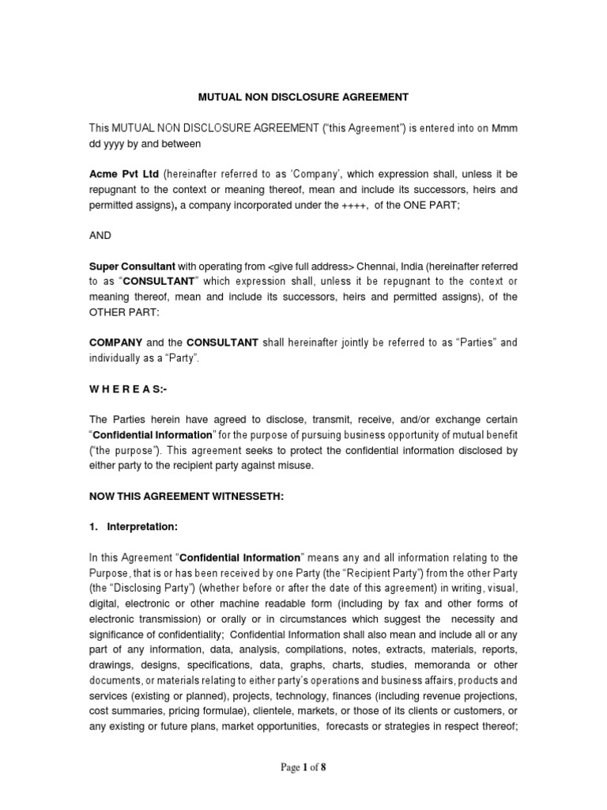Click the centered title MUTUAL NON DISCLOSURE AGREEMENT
[x=303, y=97]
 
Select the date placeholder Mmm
[x=503, y=129]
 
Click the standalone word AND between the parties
[x=100, y=235]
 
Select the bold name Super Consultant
[x=130, y=267]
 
